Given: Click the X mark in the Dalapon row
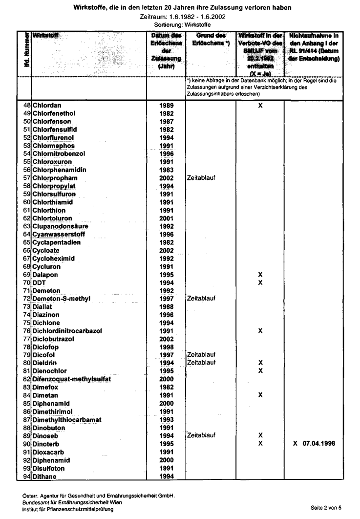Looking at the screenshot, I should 260,275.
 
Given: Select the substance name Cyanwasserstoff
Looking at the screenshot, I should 60,234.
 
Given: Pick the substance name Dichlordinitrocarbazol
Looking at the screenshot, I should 67,331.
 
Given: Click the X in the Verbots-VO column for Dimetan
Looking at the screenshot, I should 260,395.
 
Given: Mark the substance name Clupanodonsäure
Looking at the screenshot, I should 60,226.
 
